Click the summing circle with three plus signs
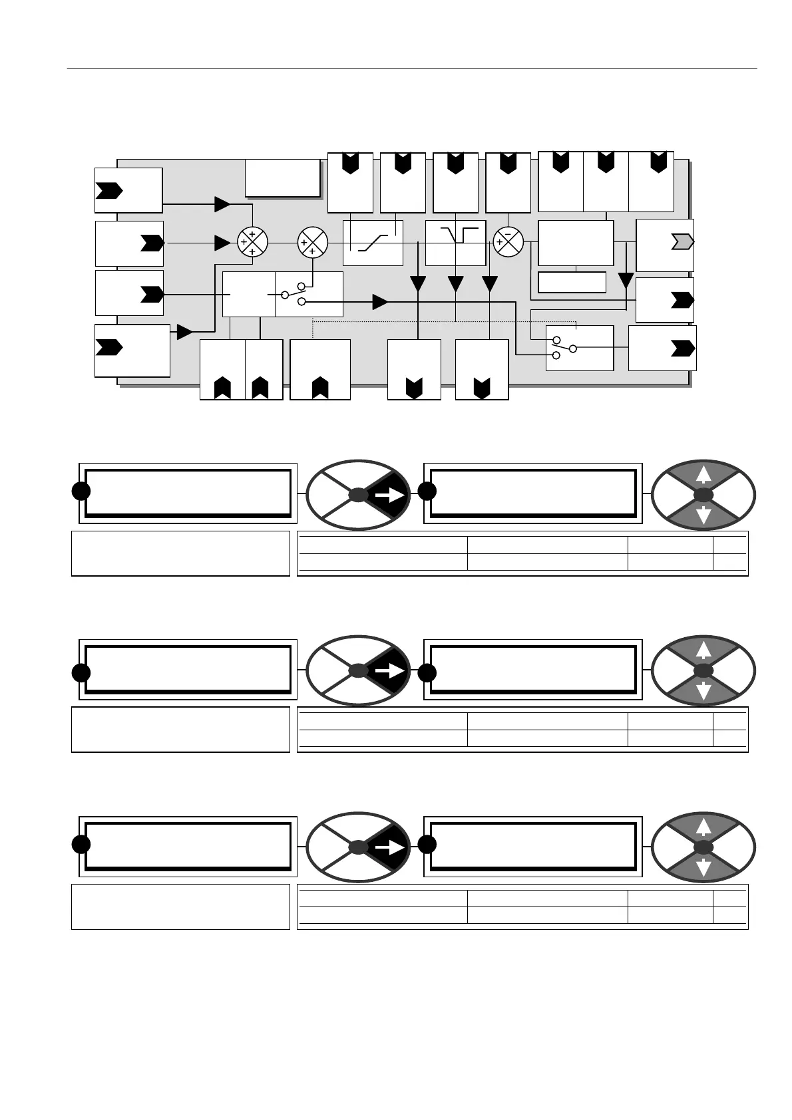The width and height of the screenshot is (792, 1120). point(252,242)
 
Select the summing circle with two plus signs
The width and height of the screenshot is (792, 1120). point(312,242)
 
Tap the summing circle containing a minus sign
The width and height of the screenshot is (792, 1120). point(508,242)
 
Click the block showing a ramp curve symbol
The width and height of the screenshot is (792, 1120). point(373,243)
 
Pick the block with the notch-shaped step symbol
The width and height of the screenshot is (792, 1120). point(456,243)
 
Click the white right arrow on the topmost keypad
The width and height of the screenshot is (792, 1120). point(389,495)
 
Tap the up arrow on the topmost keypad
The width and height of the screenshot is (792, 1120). point(703,474)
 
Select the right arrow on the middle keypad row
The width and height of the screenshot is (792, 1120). point(389,672)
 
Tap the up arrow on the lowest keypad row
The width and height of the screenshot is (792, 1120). point(703,826)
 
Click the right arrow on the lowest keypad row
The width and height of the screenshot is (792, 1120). point(389,847)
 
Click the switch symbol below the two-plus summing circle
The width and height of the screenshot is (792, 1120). point(294,293)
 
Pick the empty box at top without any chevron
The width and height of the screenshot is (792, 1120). point(283,178)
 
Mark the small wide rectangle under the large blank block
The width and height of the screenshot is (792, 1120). point(572,282)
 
